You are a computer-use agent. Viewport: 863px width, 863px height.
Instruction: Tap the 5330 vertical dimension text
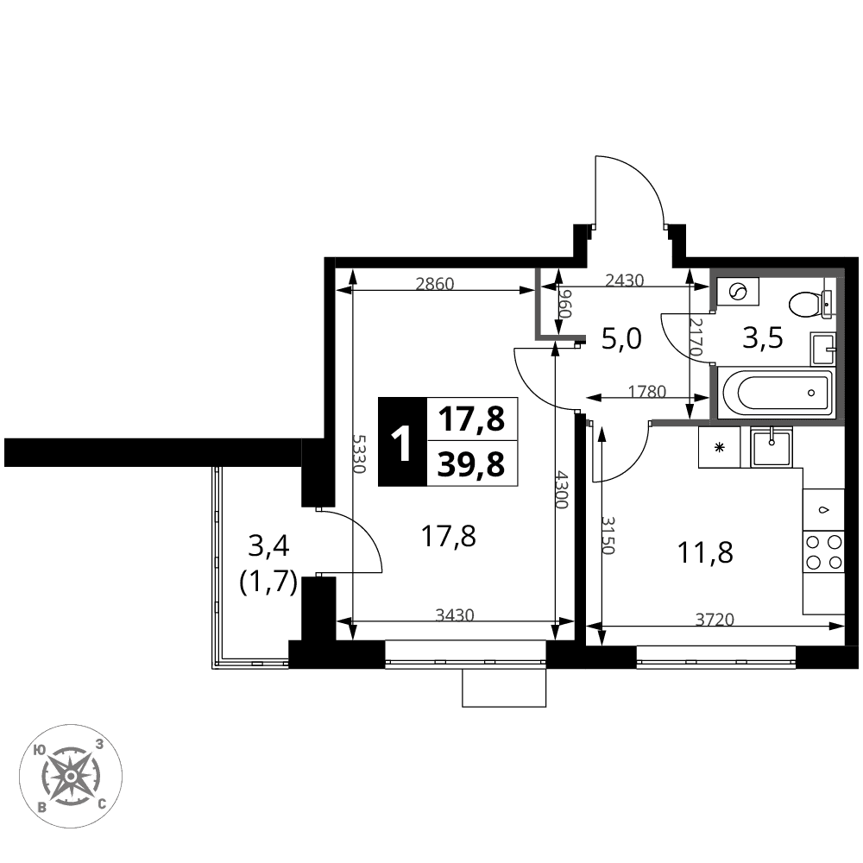359,454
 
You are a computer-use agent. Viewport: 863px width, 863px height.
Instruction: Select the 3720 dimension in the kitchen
715,620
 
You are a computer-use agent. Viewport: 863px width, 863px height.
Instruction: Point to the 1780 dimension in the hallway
647,391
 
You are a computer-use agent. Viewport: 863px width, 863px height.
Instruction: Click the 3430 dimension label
455,614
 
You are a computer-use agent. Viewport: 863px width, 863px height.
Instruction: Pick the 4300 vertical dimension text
562,489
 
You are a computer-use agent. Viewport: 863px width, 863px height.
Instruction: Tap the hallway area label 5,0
621,338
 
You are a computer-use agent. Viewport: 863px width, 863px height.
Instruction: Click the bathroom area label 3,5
762,338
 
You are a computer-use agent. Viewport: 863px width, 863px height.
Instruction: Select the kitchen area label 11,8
706,552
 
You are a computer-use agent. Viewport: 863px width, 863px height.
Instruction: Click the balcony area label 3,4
268,546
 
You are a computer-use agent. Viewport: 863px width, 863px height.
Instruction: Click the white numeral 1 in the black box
402,441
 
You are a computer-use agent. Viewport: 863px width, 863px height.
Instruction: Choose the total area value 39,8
471,464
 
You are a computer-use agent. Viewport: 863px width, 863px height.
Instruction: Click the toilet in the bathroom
810,304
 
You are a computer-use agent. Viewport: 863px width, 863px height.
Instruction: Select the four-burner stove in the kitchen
823,551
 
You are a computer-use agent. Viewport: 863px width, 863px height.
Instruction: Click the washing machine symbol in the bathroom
738,292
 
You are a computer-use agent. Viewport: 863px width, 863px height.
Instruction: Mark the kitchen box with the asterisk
720,447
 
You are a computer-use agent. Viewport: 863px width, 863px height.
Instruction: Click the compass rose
71,776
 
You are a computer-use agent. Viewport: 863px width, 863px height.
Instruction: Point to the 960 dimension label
565,304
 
